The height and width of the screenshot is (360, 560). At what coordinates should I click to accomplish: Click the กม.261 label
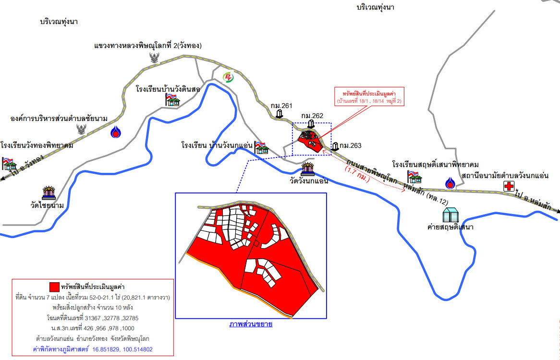pos(281,106)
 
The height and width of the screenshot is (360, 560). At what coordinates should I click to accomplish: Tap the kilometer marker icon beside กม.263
pos(335,146)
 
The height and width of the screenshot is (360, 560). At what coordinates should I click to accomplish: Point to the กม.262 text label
pos(312,116)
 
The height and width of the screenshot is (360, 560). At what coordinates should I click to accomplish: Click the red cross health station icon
pos(508,186)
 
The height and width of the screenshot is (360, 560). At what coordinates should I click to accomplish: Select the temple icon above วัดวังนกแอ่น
pos(308,168)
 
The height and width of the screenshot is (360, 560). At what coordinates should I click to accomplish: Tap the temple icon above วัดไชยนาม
pos(49,192)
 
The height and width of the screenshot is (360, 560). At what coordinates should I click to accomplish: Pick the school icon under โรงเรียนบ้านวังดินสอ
pos(172,99)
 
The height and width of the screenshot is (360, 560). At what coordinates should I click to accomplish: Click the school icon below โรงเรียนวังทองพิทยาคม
pos(9,163)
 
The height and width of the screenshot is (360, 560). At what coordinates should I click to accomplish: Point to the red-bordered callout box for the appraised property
pos(369,96)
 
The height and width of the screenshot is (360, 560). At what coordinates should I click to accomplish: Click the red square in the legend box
pos(54,287)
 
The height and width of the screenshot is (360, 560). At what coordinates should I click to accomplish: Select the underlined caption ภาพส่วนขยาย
pos(250,324)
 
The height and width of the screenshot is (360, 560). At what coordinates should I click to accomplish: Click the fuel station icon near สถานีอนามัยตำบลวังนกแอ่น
pos(450,183)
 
